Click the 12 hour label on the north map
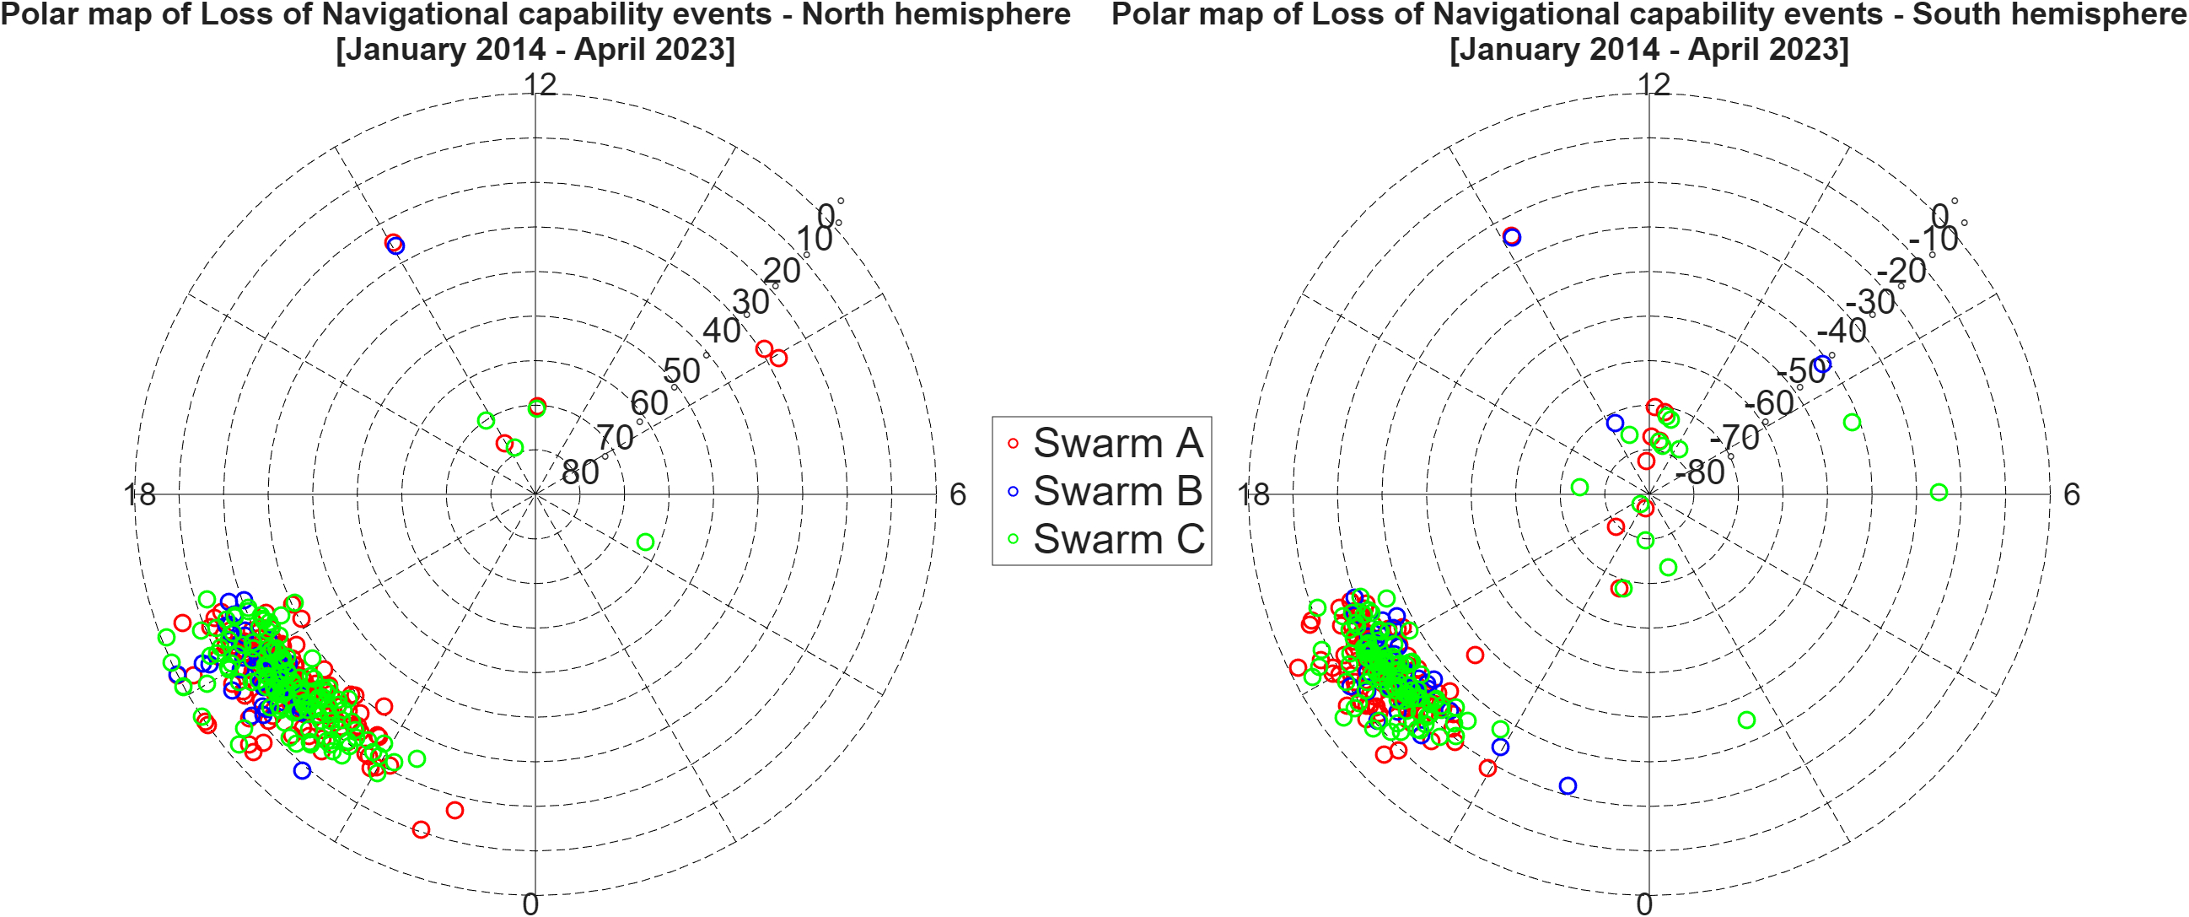pyautogui.click(x=540, y=84)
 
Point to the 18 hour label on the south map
pyautogui.click(x=1252, y=494)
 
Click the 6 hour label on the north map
pyautogui.click(x=958, y=494)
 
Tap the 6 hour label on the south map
pyautogui.click(x=2072, y=494)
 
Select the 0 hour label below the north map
pyautogui.click(x=530, y=904)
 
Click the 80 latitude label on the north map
pyautogui.click(x=580, y=472)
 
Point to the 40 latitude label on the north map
pyautogui.click(x=722, y=331)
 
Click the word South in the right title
pyautogui.click(x=1952, y=14)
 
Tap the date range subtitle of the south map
pyautogui.click(x=1648, y=48)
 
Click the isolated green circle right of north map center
pyautogui.click(x=645, y=542)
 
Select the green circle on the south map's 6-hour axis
pyautogui.click(x=1939, y=492)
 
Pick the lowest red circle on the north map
pyautogui.click(x=421, y=829)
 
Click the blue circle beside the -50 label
pyautogui.click(x=1822, y=364)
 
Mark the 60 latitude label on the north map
pyautogui.click(x=649, y=403)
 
